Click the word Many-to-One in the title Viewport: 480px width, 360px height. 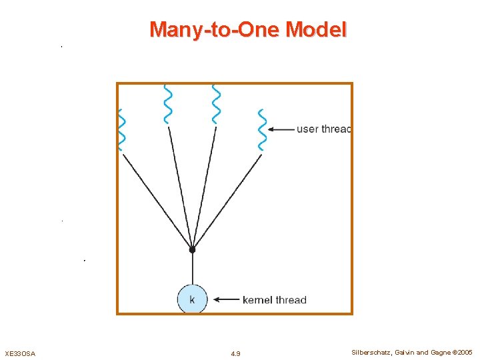pos(215,30)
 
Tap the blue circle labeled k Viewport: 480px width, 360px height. pos(192,299)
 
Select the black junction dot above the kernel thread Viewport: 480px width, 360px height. pos(192,249)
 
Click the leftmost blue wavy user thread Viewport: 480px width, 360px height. pos(121,129)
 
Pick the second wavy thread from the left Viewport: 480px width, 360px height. pos(167,104)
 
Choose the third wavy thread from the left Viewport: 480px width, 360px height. pos(215,104)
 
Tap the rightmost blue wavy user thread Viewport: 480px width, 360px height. pos(262,129)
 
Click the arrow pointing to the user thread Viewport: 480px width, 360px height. pos(283,129)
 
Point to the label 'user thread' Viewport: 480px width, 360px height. pos(323,129)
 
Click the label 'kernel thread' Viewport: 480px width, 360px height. pos(274,300)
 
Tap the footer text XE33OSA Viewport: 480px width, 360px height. pos(20,353)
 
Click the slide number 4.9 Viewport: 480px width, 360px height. pos(235,353)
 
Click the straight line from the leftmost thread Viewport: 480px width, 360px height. pos(156,199)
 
